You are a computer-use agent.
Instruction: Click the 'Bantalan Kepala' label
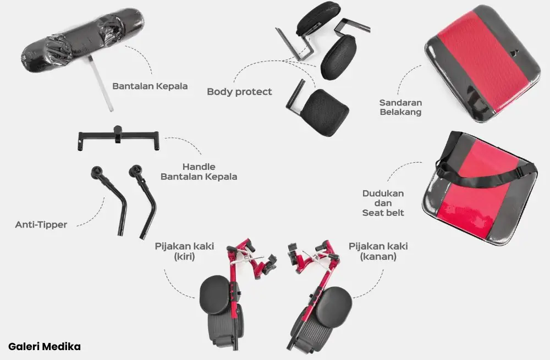150,86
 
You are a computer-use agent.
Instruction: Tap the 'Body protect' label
239,92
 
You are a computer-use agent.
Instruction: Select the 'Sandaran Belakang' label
400,107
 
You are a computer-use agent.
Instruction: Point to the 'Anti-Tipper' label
41,225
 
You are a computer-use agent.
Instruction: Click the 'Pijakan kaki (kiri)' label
184,251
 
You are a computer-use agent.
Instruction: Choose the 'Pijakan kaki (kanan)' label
378,251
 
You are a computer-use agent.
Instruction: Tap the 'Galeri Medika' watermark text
45,347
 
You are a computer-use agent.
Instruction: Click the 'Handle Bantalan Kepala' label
199,171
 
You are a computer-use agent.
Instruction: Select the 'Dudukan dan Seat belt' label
383,203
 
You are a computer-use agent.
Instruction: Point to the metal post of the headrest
101,84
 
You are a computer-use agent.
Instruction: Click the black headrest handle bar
119,137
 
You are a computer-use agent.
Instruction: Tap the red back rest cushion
483,63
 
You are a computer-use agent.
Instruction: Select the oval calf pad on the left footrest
215,295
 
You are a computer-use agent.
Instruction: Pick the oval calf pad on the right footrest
334,303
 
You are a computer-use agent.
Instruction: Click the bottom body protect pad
325,112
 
